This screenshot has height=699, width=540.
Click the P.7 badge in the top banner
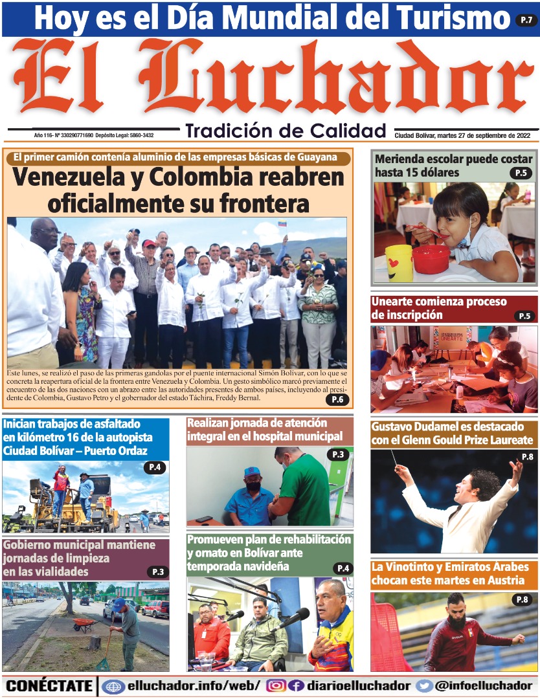point(526,19)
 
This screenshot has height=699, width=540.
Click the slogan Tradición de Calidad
point(286,131)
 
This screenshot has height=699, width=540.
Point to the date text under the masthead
point(462,135)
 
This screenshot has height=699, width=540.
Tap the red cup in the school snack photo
point(431,259)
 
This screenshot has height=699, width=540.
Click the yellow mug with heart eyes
point(399,263)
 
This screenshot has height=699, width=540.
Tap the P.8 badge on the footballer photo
point(522,600)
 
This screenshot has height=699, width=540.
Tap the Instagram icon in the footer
point(276,686)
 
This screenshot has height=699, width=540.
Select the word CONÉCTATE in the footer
point(49,686)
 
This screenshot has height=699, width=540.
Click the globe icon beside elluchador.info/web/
point(113,686)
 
